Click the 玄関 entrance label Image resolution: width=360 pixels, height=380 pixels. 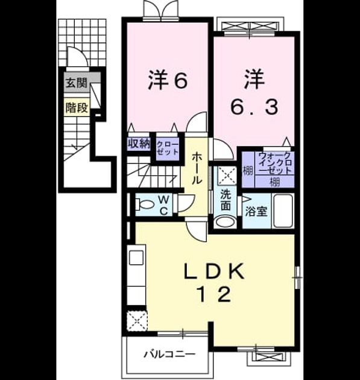[77, 83]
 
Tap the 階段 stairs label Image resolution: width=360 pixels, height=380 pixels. [77, 107]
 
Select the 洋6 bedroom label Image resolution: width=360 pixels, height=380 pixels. [168, 80]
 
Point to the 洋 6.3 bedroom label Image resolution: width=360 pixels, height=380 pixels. [254, 92]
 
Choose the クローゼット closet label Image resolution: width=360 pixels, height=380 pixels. [168, 148]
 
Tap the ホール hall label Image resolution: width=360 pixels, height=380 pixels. [197, 168]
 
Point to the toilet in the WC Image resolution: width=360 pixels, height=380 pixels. [144, 204]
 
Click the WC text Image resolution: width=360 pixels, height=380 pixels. [164, 205]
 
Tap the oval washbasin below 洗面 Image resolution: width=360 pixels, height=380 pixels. [226, 221]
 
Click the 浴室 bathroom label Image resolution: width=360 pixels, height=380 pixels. [256, 212]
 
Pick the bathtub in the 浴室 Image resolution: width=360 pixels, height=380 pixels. [283, 211]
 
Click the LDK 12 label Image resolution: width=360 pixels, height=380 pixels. [214, 282]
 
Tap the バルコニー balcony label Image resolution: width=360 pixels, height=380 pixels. [169, 355]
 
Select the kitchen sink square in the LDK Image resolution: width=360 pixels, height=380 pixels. [136, 258]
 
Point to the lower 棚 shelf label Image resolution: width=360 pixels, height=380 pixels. [274, 182]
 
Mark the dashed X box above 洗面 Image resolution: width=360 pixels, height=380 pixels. [225, 175]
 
